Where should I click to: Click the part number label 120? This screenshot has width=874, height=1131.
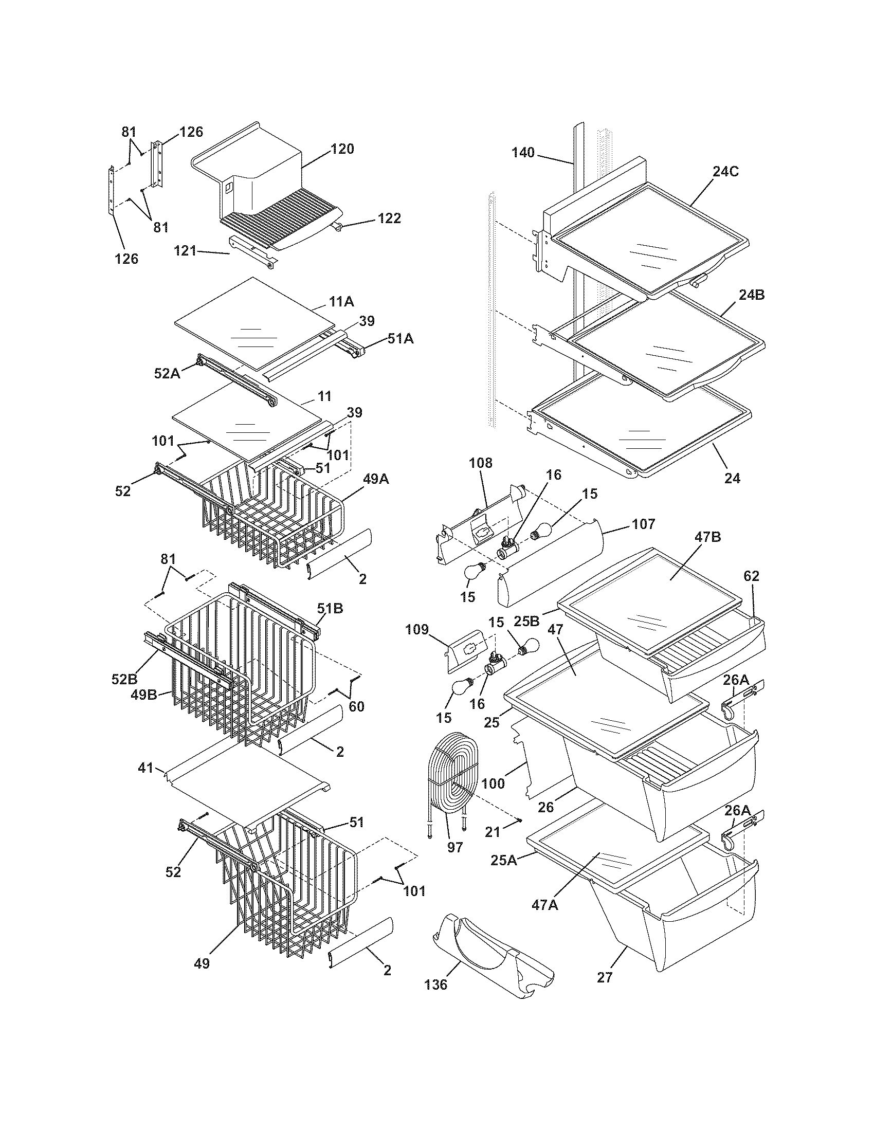click(343, 149)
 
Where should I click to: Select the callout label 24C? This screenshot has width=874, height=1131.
click(725, 171)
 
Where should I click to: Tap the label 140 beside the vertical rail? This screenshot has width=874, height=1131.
click(523, 153)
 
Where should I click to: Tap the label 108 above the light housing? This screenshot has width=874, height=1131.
click(481, 463)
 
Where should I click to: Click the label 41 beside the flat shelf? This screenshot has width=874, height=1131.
click(146, 768)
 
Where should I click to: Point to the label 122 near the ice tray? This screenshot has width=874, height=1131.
click(389, 218)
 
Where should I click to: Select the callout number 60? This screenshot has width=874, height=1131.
click(356, 706)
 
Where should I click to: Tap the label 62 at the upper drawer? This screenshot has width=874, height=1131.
click(751, 576)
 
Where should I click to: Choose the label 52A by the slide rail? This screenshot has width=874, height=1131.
click(167, 373)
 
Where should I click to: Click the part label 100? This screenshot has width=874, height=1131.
click(493, 783)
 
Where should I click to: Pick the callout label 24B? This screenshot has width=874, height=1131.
click(752, 295)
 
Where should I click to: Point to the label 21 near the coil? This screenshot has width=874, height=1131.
click(493, 832)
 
